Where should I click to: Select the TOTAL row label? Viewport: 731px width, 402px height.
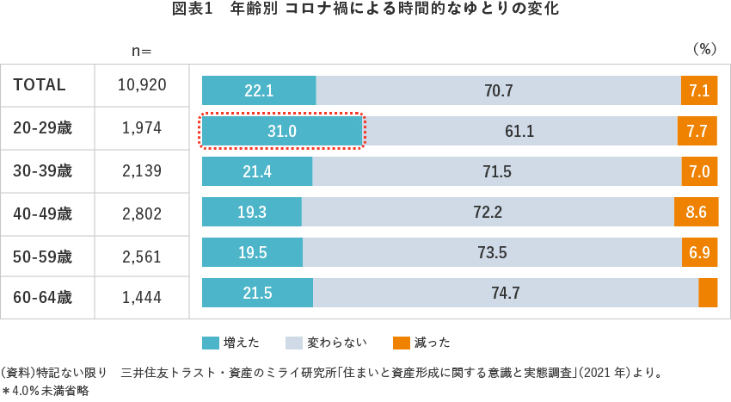40,85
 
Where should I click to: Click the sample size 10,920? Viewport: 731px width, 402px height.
142,85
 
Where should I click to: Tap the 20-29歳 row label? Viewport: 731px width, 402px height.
43,128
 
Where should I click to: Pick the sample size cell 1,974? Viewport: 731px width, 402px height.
142,128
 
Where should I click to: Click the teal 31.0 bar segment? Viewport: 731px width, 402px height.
281,132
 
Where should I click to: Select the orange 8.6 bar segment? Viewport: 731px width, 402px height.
696,212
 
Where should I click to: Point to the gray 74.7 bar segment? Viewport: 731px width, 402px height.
506,293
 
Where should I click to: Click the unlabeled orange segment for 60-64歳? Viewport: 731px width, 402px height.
708,293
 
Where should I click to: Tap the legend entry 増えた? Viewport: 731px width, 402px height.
231,343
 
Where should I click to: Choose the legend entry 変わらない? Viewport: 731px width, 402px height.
327,343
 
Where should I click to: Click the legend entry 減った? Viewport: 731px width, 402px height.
421,343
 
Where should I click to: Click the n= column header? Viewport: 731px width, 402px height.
142,51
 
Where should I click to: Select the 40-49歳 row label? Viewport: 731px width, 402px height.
43,213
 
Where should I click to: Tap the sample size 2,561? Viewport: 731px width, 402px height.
142,256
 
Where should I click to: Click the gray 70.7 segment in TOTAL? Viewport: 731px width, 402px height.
499,90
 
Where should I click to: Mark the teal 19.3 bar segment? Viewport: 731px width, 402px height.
252,212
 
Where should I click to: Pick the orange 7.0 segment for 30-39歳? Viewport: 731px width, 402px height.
699,171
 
